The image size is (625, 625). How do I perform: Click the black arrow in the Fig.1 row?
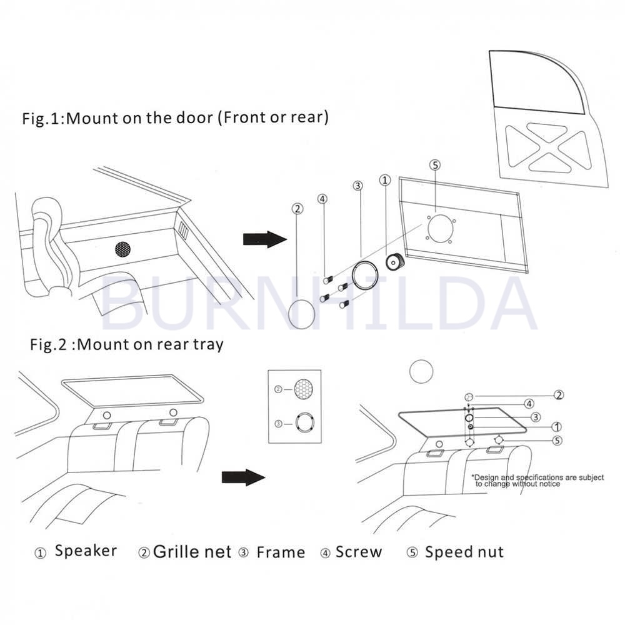coord(265,239)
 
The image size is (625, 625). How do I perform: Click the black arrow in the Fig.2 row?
coord(244,477)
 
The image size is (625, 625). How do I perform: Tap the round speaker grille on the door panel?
coord(122,249)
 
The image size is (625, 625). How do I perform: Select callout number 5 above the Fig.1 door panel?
coord(435,165)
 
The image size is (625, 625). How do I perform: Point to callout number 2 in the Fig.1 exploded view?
coord(297,209)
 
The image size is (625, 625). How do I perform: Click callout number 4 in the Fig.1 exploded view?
coord(322,199)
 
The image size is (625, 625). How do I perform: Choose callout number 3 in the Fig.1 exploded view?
coord(357,186)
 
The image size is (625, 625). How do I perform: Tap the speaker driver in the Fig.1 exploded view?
coord(394,262)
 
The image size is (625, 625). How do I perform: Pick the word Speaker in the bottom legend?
coord(86,551)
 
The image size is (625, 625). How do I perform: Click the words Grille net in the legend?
coord(192,552)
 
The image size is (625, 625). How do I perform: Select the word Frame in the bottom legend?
coord(281,552)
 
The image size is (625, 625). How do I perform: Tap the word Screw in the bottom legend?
coord(359,552)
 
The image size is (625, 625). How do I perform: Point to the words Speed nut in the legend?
coord(464,552)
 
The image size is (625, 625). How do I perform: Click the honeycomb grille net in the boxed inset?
coord(303,389)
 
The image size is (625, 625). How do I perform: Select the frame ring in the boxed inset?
coord(305,422)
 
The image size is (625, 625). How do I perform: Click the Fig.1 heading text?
coord(176,118)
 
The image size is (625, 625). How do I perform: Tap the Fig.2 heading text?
coord(127,344)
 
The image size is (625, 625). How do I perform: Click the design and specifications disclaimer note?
coord(537,480)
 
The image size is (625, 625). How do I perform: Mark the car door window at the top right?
coord(536,82)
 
